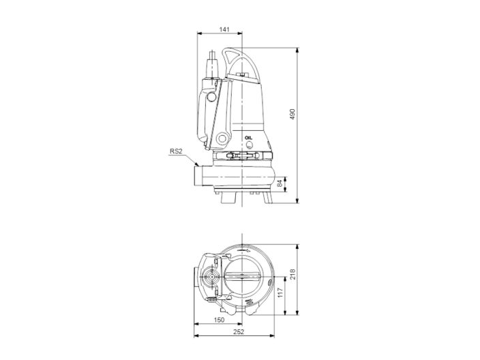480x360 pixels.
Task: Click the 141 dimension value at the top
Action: [224, 29]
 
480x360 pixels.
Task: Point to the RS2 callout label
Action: [177, 151]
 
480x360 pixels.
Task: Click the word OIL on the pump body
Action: [248, 137]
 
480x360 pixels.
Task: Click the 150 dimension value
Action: [219, 320]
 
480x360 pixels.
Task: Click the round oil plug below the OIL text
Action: [249, 145]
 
